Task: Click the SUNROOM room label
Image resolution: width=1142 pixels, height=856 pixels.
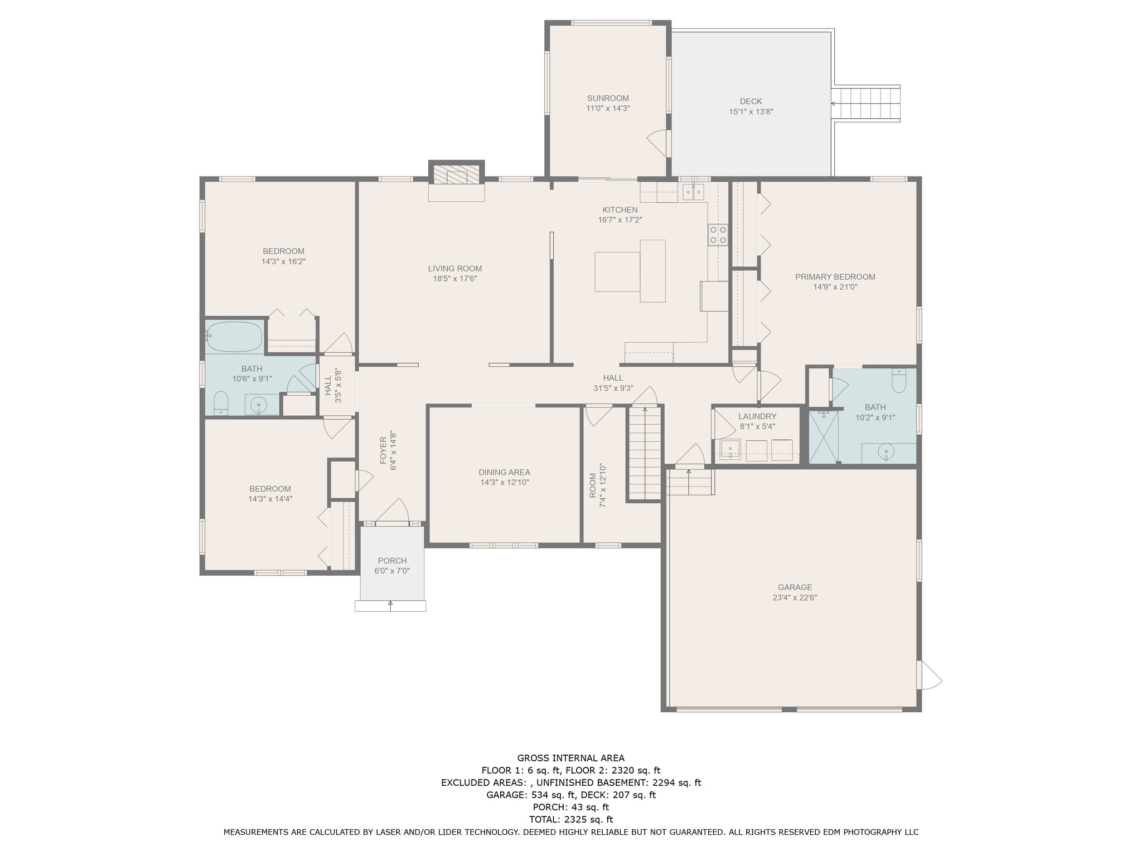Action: coord(608,99)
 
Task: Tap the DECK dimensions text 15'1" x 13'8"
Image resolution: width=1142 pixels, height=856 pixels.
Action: coord(751,111)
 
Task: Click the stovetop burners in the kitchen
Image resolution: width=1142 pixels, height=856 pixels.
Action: coord(718,235)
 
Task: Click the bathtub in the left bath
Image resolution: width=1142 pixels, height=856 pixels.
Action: coord(234,337)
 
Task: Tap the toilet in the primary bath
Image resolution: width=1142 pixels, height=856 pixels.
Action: coord(899,381)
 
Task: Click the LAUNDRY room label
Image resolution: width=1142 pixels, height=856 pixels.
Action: coord(757,416)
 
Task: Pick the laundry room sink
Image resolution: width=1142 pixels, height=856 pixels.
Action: coord(729,449)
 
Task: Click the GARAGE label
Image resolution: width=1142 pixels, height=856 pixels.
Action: coord(795,587)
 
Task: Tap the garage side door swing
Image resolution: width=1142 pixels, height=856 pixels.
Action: coord(930,675)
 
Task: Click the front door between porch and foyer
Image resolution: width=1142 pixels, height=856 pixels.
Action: coord(393,516)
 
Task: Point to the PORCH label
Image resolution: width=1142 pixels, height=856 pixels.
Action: coord(392,561)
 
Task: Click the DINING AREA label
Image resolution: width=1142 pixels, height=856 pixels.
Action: coord(504,473)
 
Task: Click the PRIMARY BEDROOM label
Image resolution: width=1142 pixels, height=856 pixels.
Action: coord(835,277)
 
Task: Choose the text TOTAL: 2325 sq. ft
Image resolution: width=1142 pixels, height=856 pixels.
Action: coord(570,819)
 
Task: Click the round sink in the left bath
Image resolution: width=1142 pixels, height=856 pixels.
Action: coord(258,404)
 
